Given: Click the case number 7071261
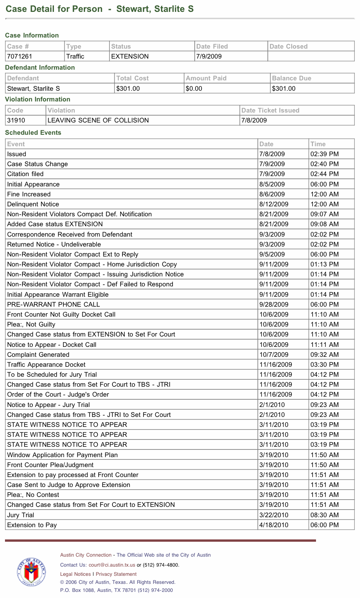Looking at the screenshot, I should click(20, 56).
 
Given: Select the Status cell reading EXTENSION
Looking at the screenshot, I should click(130, 56).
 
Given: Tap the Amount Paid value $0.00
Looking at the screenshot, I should click(194, 88).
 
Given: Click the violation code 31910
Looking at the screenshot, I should click(16, 120).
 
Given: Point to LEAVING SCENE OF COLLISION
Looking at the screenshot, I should click(98, 120).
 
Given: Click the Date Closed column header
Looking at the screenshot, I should click(288, 46).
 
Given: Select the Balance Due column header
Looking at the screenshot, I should click(292, 78).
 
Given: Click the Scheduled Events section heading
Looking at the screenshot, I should click(33, 132).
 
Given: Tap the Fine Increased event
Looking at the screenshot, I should click(29, 194).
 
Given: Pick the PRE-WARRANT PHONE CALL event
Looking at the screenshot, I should click(54, 304).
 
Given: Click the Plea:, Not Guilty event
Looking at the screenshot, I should click(31, 324).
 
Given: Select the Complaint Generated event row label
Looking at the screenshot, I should click(38, 355).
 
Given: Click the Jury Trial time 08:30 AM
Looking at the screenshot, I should click(324, 515).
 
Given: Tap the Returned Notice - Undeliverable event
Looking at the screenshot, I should click(54, 244).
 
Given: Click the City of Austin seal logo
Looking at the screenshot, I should click(31, 572).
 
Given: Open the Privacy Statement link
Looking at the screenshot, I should click(116, 574).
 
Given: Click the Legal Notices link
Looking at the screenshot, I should click(75, 574).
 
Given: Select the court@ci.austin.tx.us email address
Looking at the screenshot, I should click(112, 565).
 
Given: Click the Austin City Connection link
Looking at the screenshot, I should click(86, 555).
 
